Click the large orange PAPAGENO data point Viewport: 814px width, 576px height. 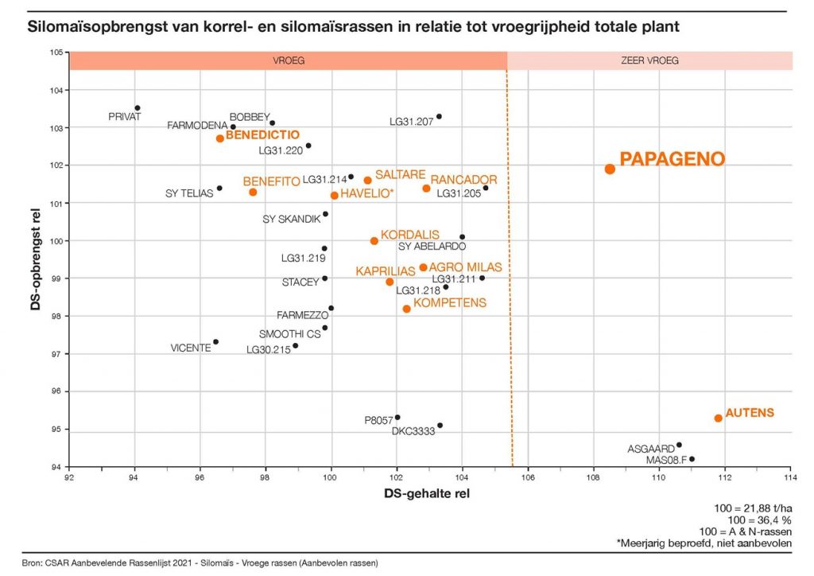(x=610, y=169)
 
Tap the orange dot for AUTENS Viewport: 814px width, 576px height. (x=718, y=418)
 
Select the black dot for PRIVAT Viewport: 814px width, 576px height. (x=138, y=108)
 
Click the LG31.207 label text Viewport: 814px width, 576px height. (x=411, y=122)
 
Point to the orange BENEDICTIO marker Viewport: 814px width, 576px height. (x=220, y=138)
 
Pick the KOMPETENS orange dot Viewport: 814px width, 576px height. (x=407, y=309)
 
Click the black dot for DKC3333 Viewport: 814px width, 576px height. (x=440, y=425)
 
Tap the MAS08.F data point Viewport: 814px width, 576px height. (x=692, y=459)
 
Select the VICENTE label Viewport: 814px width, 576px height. (x=191, y=348)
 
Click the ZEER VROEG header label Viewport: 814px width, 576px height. (x=649, y=60)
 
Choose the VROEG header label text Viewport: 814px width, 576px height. (x=288, y=60)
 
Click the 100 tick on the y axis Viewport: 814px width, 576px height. (x=57, y=240)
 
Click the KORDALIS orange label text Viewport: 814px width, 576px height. (x=409, y=235)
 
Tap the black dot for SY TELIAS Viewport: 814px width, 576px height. (x=219, y=189)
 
